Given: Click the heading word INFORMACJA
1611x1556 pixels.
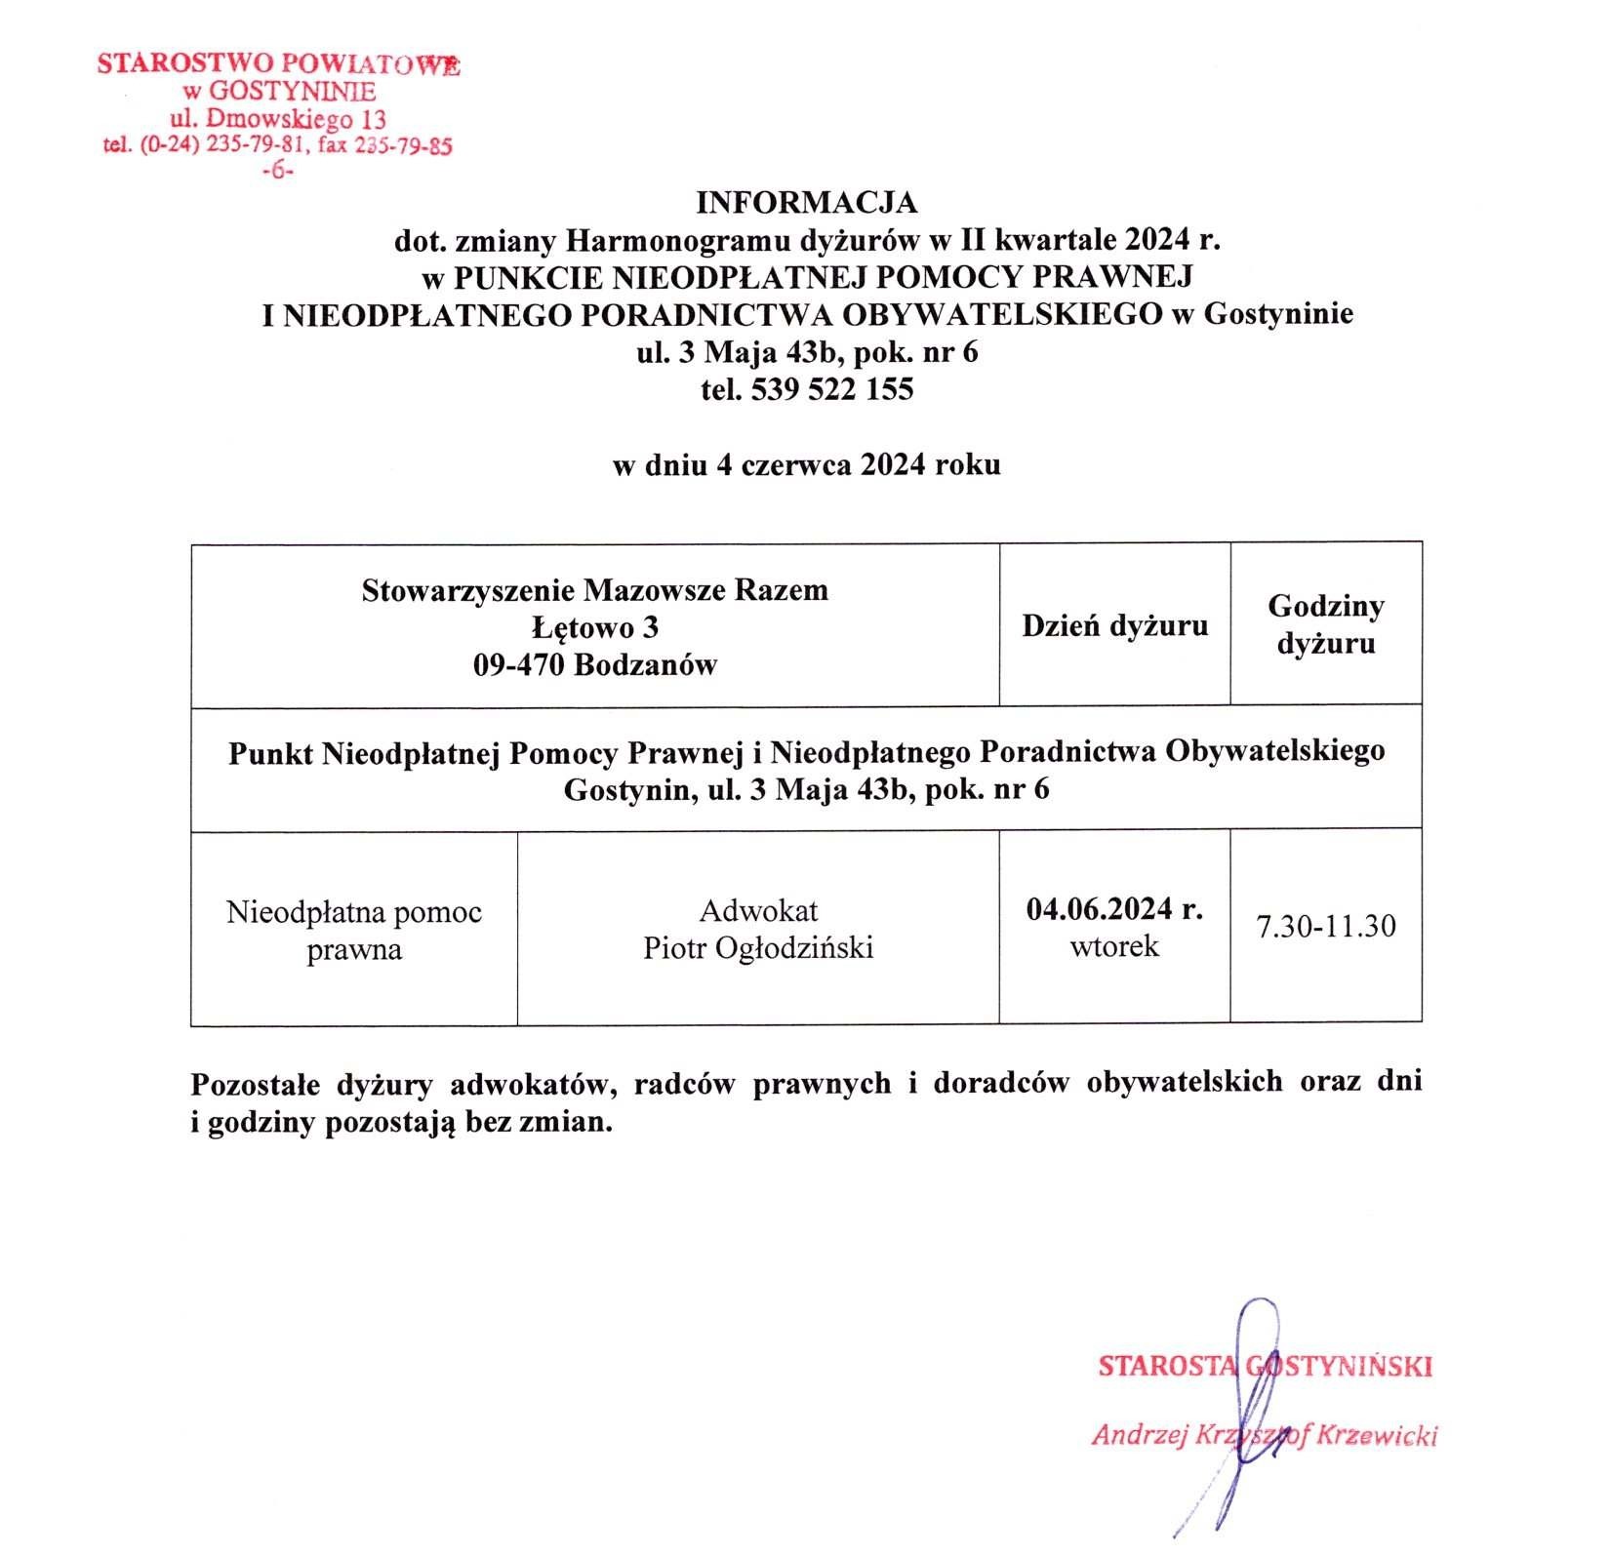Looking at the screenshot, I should coord(806,203).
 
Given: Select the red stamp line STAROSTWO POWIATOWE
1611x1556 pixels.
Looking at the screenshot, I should coord(278,65).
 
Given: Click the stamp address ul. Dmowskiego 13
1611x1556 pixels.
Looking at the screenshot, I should coord(278,120).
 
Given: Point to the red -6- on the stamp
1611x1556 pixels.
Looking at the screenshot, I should coord(278,171).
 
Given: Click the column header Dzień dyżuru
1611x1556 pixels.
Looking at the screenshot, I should coord(1114,625).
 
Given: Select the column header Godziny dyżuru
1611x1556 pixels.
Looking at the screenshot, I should coord(1325,624).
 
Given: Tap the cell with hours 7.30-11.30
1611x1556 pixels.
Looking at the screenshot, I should coord(1325,926).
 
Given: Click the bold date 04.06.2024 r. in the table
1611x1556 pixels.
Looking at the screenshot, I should coord(1114,909).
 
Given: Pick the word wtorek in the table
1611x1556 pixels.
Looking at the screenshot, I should coord(1114,946).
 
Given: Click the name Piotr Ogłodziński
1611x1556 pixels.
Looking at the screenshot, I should coord(758,947).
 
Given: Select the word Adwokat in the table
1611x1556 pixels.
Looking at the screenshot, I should coord(758,910).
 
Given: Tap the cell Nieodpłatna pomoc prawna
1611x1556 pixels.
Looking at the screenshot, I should coord(354,930).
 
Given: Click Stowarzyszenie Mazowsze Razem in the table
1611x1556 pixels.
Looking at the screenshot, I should coord(594,590).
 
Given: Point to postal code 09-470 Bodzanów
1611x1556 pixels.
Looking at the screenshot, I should coord(594,665).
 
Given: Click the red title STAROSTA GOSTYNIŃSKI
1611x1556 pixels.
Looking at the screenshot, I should coord(1265,1366).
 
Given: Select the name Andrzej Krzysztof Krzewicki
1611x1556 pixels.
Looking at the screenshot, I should coord(1265,1435).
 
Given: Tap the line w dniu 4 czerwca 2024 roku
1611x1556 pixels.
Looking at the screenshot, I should coord(806,464).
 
